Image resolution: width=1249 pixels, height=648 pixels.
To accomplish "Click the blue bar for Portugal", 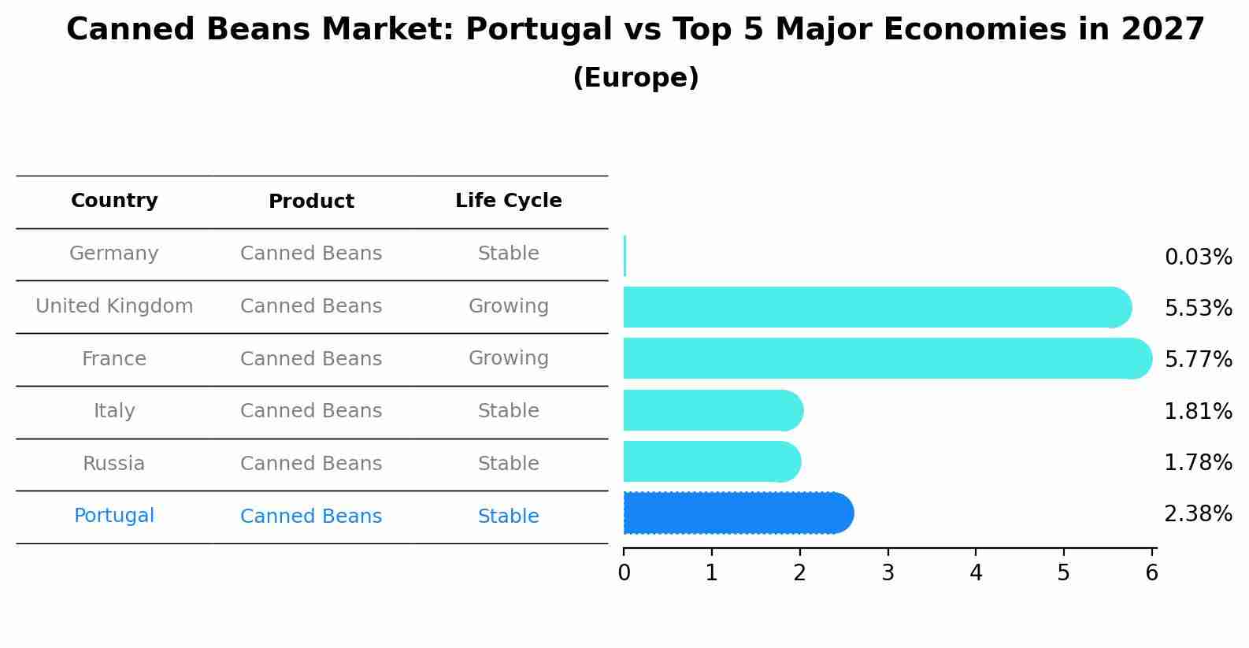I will click(736, 513).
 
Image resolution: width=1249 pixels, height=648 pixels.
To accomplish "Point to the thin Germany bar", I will click(624, 256).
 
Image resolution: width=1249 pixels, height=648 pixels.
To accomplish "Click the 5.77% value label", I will click(1198, 360).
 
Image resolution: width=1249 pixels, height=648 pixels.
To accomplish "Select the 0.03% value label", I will click(1198, 257).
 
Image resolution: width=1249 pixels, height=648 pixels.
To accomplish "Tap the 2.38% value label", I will click(1198, 514).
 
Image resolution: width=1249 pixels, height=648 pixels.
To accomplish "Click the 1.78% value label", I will click(1198, 463).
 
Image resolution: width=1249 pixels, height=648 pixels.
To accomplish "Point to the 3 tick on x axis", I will click(888, 573).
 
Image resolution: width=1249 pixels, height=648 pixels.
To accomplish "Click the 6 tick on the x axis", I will click(1151, 573).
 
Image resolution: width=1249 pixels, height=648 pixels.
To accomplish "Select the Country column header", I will click(114, 201).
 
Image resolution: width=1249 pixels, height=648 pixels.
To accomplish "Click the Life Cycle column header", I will click(508, 201).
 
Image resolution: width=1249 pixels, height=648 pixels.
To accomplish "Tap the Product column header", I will click(311, 202).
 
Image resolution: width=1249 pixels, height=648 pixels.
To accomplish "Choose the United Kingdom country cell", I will click(114, 306).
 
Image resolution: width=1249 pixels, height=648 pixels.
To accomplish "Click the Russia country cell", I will click(114, 464).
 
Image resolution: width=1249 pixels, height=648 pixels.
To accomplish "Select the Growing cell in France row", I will click(508, 358).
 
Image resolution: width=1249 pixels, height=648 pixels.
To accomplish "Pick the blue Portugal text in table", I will click(114, 516).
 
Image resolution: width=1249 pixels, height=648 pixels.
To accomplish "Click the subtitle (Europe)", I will click(636, 78).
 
